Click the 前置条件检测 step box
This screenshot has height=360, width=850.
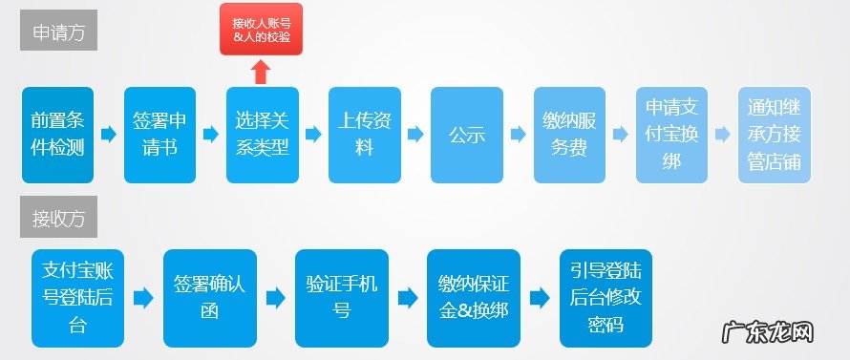57,135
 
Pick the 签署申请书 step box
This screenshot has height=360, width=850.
159,135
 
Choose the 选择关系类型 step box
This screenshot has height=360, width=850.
262,135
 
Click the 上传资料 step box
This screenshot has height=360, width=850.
364,135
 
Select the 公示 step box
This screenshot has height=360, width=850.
467,135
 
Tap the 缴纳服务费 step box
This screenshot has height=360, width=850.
569,135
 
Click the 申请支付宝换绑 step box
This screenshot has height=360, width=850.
671,135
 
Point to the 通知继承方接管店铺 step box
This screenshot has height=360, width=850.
775,135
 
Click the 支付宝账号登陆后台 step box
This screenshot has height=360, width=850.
78,298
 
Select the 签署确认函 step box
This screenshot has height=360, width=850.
210,298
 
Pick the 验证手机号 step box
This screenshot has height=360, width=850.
342,298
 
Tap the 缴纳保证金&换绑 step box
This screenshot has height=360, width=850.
474,298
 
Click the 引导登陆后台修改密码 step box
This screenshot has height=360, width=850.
606,298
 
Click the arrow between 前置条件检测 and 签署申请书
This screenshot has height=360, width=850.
109,135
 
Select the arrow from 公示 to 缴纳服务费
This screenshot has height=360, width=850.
519,135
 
